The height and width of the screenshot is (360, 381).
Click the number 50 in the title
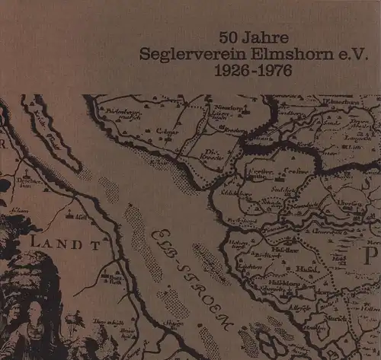click(x=229, y=36)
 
